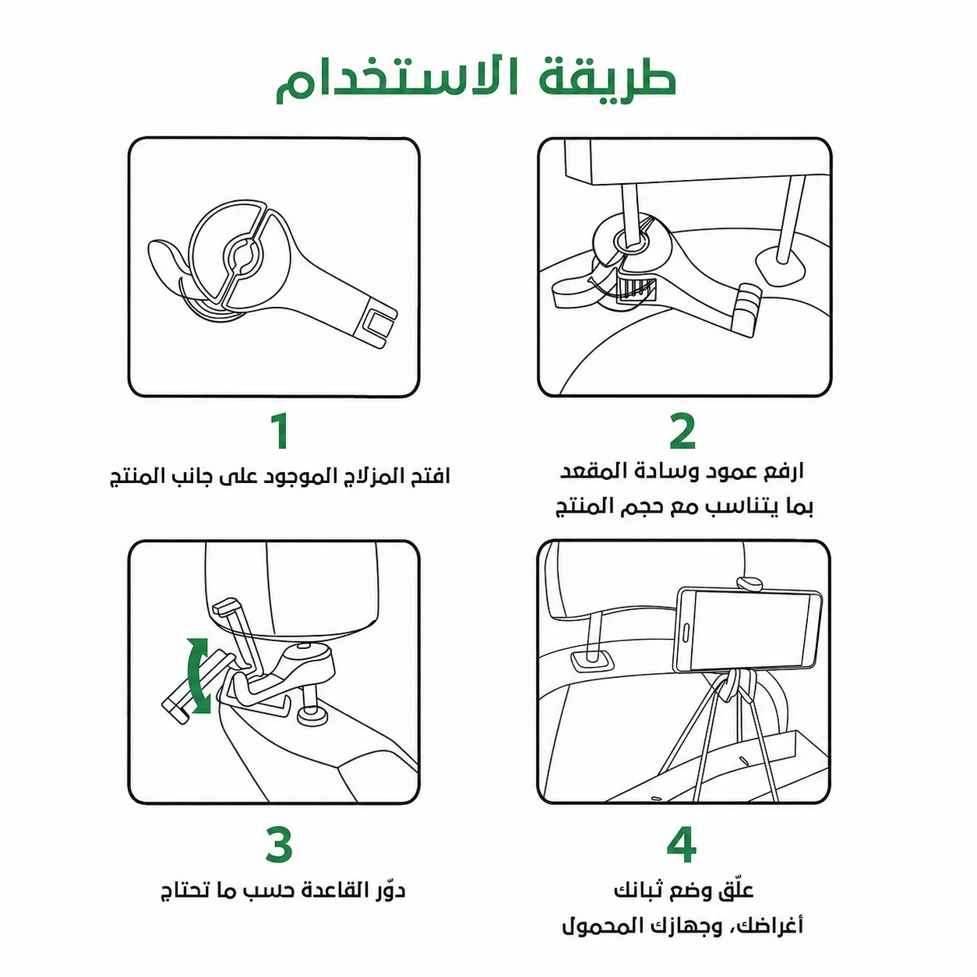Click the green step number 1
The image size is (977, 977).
[280, 431]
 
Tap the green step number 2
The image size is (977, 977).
[682, 431]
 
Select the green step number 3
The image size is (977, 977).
[280, 845]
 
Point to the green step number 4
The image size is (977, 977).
[682, 845]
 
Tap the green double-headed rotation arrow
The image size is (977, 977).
[198, 675]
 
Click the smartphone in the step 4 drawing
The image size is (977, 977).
[746, 630]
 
